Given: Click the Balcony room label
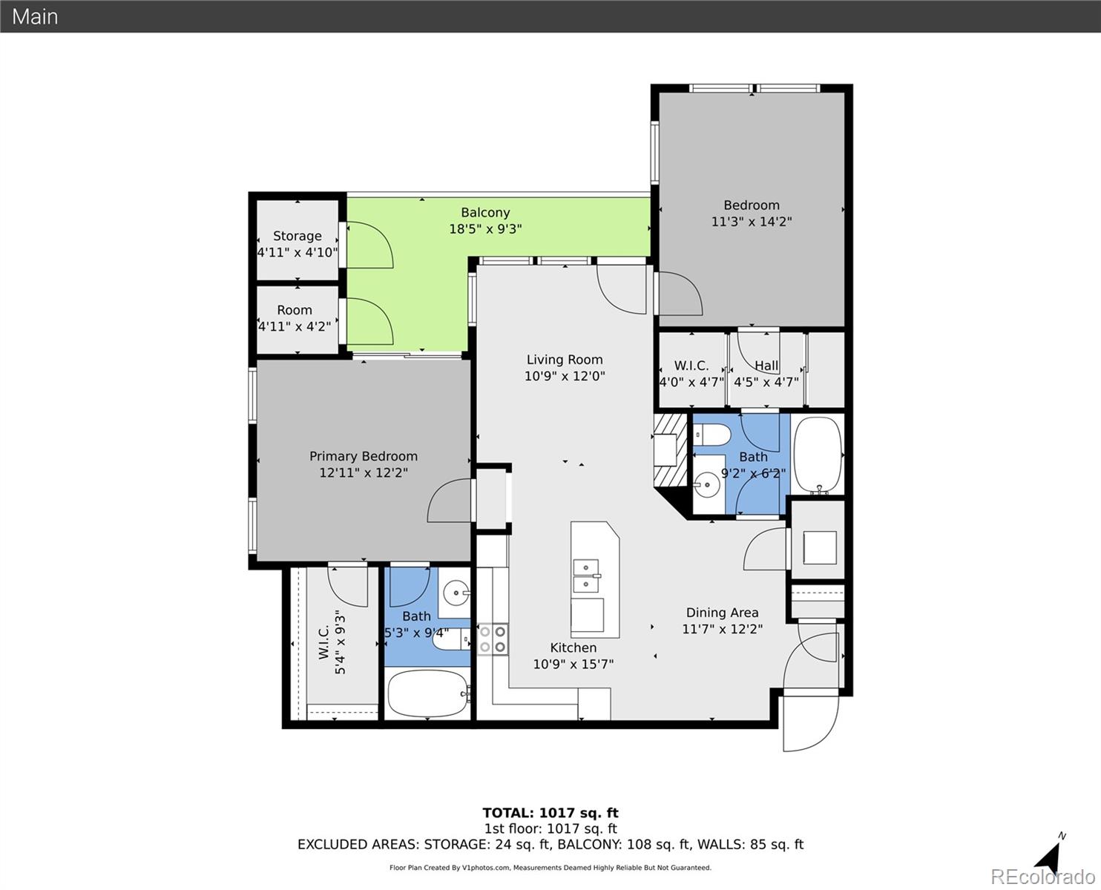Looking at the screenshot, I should coord(485,213).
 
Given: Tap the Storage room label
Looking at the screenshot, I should coord(297,236).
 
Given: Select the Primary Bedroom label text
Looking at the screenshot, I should coord(363,456).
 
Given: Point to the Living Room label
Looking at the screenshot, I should coord(564,360).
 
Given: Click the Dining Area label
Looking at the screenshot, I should coord(721,613).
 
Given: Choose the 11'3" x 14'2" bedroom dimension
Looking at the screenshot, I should coord(751,221).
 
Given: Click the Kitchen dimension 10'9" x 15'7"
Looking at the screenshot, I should coord(573,664).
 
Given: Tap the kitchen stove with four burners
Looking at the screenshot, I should coord(493,639).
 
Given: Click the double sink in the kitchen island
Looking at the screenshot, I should coord(585,576).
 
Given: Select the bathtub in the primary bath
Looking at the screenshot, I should coord(427,694).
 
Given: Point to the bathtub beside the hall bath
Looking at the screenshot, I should coord(818,454).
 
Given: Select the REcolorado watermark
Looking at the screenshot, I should coord(1045,877).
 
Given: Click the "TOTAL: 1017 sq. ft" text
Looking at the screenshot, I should coord(550,813).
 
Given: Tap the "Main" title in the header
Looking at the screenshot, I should coord(35,16).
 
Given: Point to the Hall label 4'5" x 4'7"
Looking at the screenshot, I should coord(766,374).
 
